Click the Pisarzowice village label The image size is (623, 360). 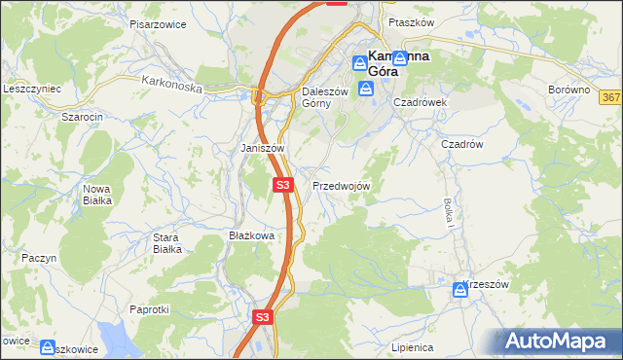(x=157, y=23)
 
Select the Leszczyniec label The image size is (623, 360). (x=32, y=89)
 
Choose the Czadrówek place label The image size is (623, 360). (x=420, y=101)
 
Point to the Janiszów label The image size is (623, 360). (x=262, y=148)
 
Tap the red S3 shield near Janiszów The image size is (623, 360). (x=282, y=184)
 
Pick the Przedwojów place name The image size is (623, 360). (x=341, y=185)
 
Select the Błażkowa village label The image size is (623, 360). (x=251, y=235)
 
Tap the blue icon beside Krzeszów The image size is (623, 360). (x=459, y=289)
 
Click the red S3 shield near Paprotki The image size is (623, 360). (x=263, y=317)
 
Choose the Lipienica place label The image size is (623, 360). (x=411, y=346)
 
